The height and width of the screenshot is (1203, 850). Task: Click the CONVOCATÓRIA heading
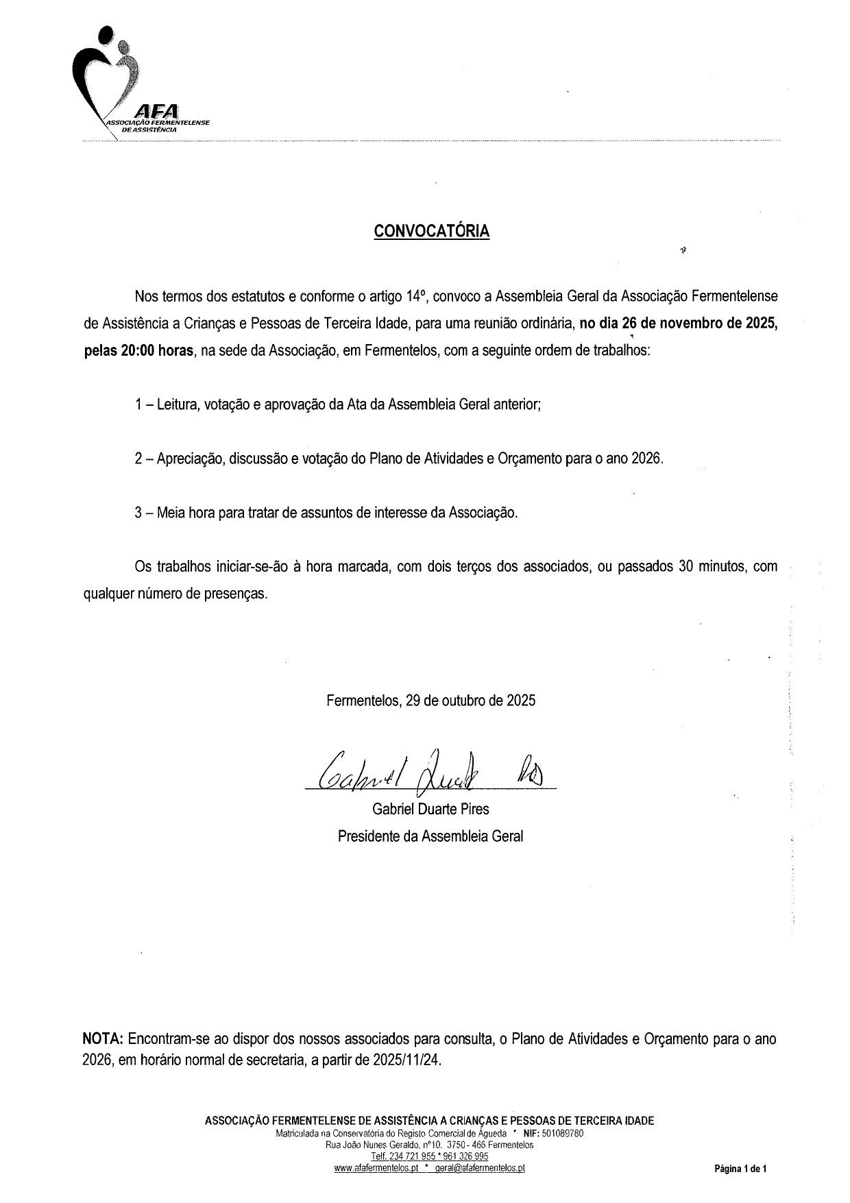pyautogui.click(x=431, y=232)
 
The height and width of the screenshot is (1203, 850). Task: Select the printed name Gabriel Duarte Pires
pyautogui.click(x=430, y=809)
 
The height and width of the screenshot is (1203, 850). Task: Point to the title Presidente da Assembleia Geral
pyautogui.click(x=430, y=836)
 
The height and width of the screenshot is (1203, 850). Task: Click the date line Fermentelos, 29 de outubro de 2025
pyautogui.click(x=430, y=701)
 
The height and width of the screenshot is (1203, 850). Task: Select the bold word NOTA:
pyautogui.click(x=103, y=1038)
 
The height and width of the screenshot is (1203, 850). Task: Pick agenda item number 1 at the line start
pyautogui.click(x=138, y=404)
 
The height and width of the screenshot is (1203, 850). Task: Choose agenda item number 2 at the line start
pyautogui.click(x=138, y=459)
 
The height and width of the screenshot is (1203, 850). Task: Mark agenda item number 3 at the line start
pyautogui.click(x=138, y=512)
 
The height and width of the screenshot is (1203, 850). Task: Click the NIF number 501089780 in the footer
pyautogui.click(x=562, y=1134)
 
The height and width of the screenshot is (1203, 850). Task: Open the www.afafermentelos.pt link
pyautogui.click(x=376, y=1169)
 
